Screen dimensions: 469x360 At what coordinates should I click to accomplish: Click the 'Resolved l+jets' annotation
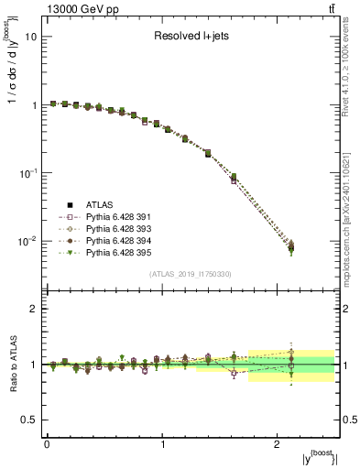point(190,37)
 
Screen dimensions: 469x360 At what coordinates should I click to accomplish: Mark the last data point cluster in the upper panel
point(291,245)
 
